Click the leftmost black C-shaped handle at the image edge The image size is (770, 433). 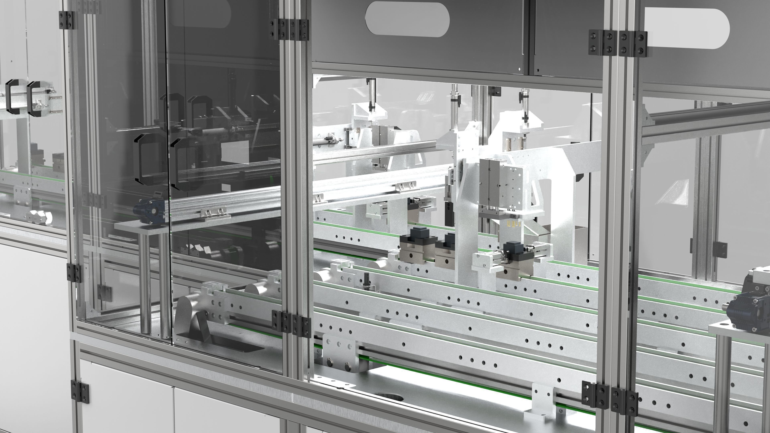point(12,97)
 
